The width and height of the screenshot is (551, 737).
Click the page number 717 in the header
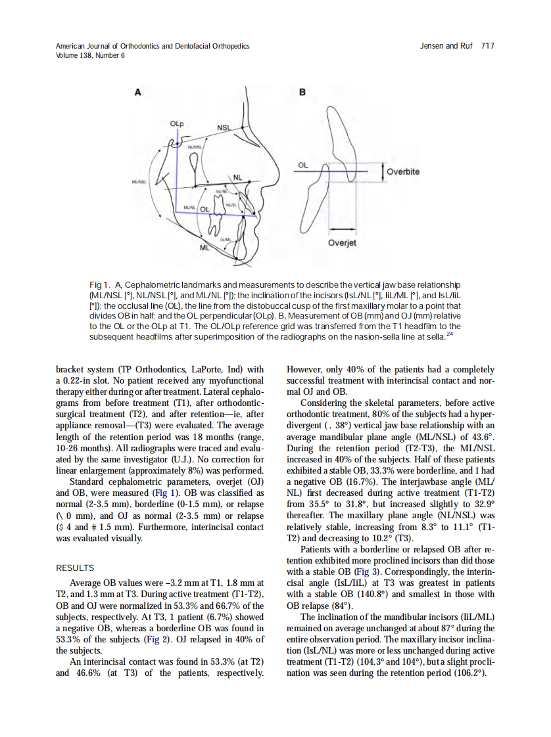(487, 46)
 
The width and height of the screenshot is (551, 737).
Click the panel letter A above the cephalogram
(137, 92)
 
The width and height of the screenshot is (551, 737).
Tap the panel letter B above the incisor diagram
(302, 92)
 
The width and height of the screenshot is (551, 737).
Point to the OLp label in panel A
(176, 123)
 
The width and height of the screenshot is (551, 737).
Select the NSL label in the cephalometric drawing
(223, 127)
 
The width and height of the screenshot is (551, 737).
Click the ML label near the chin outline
(204, 248)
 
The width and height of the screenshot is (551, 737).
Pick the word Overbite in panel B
(403, 172)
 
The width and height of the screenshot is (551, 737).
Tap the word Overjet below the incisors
(342, 243)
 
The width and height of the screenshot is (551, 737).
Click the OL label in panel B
(302, 166)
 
